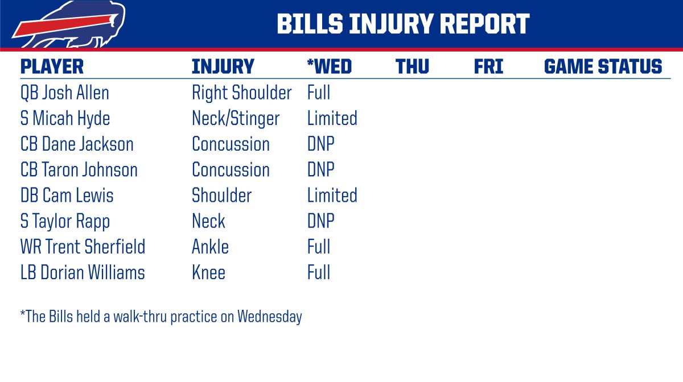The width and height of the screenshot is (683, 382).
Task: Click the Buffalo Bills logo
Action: (69, 24)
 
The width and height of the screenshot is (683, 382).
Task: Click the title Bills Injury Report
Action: (403, 24)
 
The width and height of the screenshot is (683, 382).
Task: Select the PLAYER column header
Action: (52, 67)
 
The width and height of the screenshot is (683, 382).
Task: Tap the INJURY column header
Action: (223, 67)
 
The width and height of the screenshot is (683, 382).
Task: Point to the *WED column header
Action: (330, 67)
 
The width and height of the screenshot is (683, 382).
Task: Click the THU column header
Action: (412, 67)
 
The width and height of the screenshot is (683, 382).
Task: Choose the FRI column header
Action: (488, 67)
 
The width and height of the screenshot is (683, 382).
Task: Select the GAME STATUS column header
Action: (603, 67)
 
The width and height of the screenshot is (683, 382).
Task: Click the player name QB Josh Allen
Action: (65, 93)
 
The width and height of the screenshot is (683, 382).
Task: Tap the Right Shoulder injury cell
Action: (242, 93)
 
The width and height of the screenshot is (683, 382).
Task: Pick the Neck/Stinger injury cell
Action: (236, 119)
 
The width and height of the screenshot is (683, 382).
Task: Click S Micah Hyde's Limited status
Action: (332, 118)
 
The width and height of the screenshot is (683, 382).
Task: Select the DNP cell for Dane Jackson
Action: (321, 144)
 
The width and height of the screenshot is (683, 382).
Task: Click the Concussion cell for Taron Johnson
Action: (231, 169)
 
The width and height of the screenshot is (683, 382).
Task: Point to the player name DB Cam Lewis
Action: (67, 196)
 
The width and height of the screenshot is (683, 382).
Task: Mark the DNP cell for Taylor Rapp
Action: (321, 221)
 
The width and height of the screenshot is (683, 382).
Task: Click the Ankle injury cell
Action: (211, 247)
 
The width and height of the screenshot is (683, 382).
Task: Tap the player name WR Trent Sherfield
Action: (83, 247)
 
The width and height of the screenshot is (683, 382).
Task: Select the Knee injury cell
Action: (208, 272)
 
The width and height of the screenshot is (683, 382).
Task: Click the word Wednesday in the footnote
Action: (270, 317)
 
